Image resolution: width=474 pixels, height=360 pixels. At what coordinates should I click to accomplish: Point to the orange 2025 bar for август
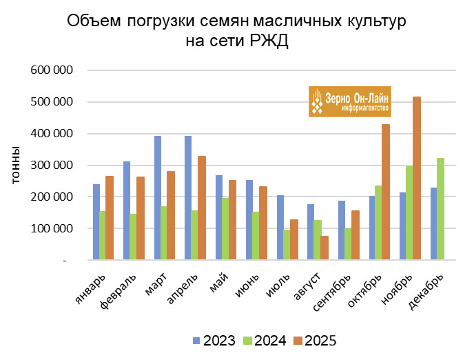[x=324, y=248]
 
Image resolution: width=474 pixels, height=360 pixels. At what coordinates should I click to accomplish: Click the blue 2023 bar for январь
[x=96, y=221]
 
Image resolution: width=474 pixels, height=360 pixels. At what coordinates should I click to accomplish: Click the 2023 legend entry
[x=214, y=340]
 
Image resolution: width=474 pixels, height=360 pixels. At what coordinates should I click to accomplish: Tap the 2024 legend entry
[x=265, y=340]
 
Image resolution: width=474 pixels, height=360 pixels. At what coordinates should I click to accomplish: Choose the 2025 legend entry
[x=316, y=340]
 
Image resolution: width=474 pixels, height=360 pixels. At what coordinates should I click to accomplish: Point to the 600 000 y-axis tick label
[x=54, y=70]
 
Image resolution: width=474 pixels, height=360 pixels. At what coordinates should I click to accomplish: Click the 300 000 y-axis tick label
[x=54, y=166]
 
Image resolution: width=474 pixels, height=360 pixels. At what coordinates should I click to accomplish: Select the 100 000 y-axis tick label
[x=54, y=229]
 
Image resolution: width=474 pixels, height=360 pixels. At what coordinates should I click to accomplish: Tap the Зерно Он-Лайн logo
[x=349, y=101]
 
